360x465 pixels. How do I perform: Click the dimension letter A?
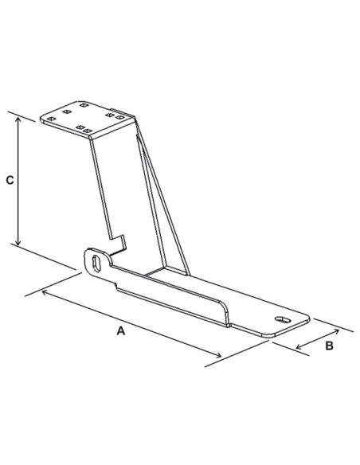coord(121,330)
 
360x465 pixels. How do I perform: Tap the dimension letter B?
coord(329,347)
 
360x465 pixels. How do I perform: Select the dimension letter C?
coord(9,180)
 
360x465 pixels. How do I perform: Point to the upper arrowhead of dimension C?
coord(18,116)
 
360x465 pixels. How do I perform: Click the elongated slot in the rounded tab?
coord(97,262)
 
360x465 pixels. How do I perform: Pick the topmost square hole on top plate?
coord(83,104)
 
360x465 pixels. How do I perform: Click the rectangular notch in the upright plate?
coord(120,240)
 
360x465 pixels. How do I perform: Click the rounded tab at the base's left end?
coord(97,262)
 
